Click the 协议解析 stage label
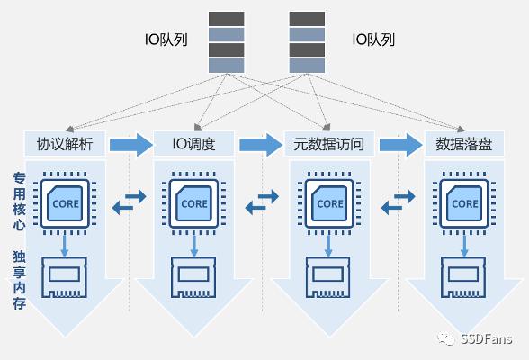[x=65, y=144]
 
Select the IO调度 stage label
[x=194, y=144]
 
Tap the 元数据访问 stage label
[x=328, y=144]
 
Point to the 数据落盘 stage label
[x=464, y=144]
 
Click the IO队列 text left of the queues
[x=166, y=40]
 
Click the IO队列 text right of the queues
[x=373, y=40]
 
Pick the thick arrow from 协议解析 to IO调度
[x=131, y=145]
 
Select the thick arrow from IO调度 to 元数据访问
[x=261, y=145]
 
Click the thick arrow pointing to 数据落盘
[x=400, y=145]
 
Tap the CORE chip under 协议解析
[x=65, y=203]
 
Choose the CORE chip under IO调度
[x=193, y=203]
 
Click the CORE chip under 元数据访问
[x=329, y=203]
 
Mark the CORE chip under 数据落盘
[x=464, y=203]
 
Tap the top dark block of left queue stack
[x=227, y=19]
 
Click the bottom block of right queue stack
[x=307, y=66]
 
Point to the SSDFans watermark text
[x=486, y=338]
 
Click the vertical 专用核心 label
[x=20, y=202]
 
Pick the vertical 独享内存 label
[x=20, y=280]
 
